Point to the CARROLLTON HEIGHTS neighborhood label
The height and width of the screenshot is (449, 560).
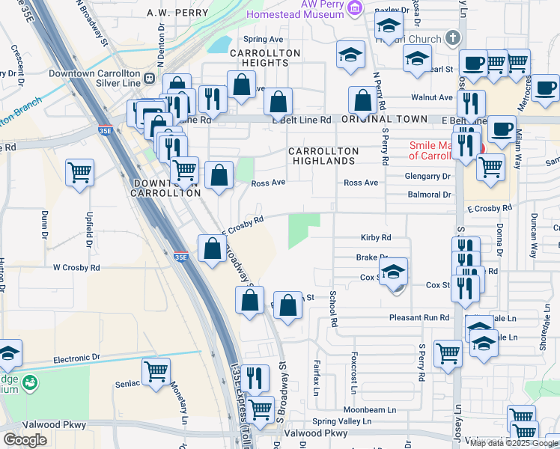[x=265, y=58]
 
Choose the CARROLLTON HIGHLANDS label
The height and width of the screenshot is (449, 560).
[x=324, y=156]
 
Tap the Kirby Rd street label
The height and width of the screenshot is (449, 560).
[x=376, y=238]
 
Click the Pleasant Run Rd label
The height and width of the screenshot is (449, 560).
[x=419, y=317]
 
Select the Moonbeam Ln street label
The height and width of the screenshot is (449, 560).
[x=369, y=409]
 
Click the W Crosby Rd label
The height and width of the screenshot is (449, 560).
[x=76, y=267]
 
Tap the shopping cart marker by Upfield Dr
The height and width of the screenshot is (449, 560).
[x=79, y=173]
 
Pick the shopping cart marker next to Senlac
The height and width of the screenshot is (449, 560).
[x=156, y=371]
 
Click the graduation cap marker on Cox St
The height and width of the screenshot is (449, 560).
[x=392, y=274]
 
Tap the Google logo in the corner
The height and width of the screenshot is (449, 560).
[x=25, y=440]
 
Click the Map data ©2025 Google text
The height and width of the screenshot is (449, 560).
[x=514, y=443]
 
